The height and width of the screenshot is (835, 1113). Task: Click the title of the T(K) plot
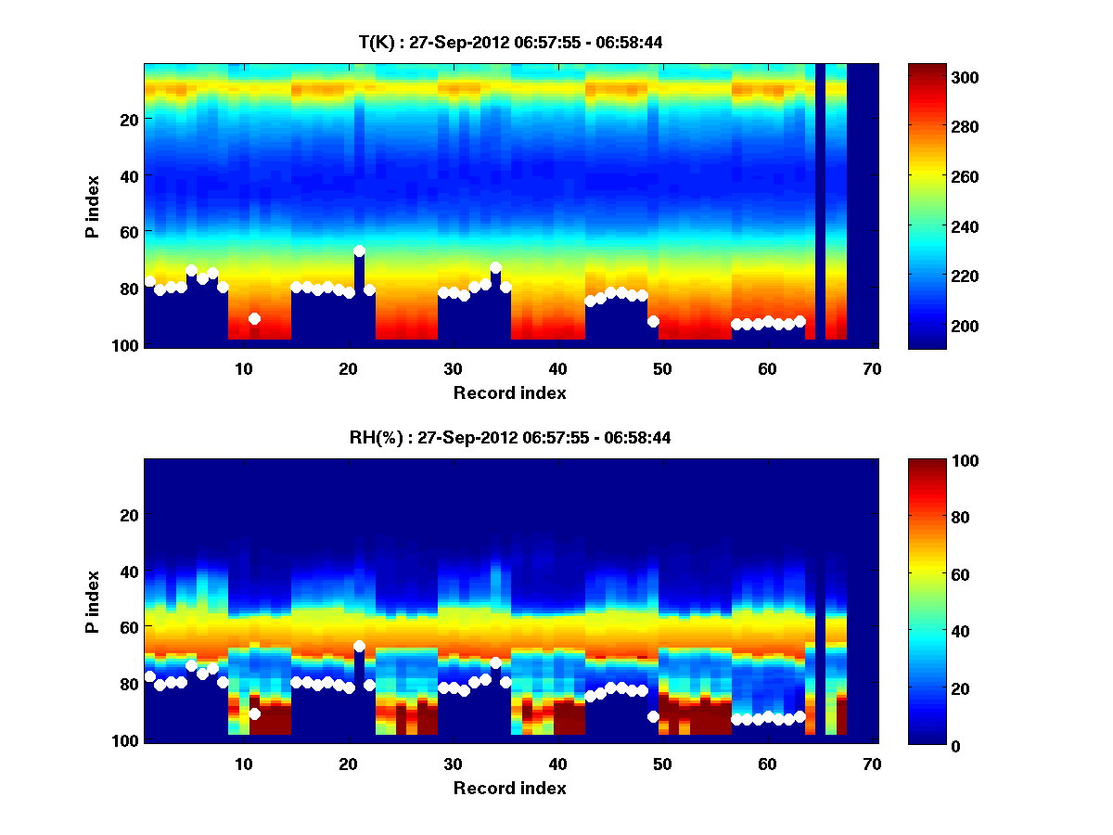[x=510, y=43]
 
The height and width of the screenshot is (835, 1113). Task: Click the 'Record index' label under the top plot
[x=510, y=392]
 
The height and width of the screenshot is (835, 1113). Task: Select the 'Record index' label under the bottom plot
[x=510, y=788]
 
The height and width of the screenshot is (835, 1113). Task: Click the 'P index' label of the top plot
[x=93, y=206]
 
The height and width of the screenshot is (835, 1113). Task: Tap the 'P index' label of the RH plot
[x=93, y=601]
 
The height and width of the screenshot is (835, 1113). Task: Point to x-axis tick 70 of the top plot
[x=872, y=368]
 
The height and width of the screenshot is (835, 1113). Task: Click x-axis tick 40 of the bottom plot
[x=557, y=764]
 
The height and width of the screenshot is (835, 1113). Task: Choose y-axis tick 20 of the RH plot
[x=128, y=515]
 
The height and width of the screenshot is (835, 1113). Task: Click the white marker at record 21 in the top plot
[x=359, y=251]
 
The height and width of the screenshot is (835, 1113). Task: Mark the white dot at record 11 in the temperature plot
[x=254, y=319]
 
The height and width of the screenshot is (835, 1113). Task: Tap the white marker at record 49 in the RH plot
[x=653, y=716]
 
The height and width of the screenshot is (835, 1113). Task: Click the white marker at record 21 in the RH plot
[x=359, y=647]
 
